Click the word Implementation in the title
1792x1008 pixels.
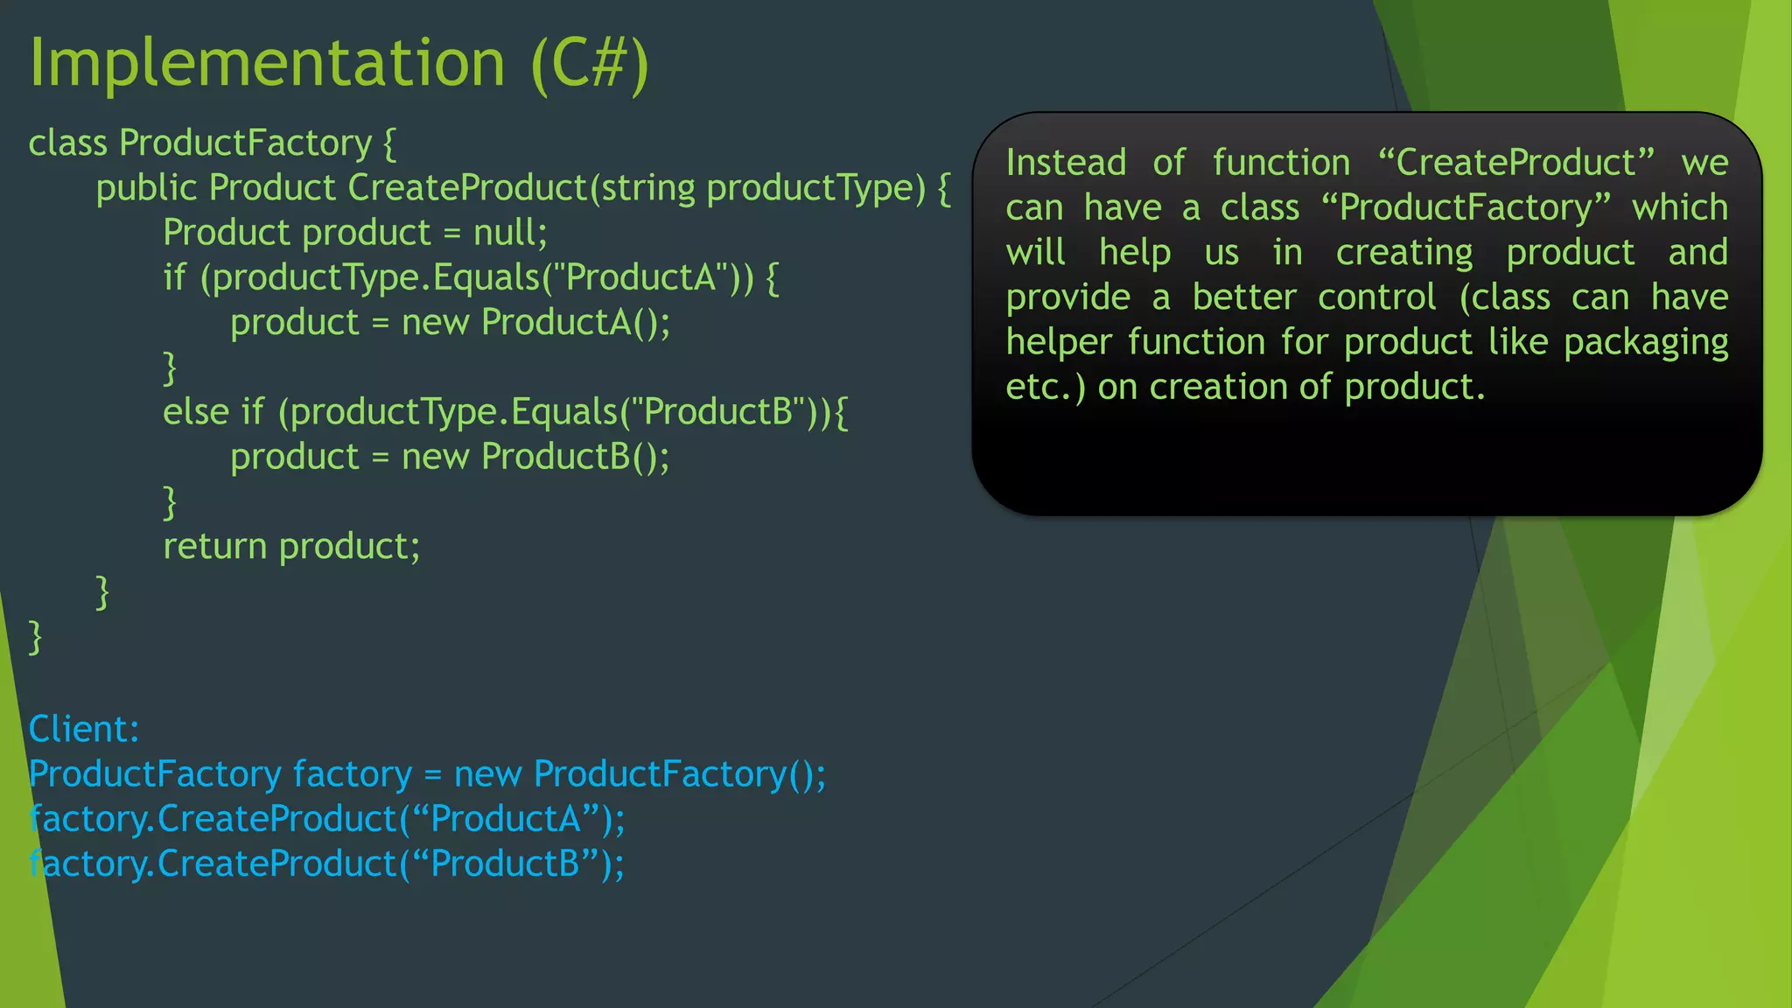[267, 63]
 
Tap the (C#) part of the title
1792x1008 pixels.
[589, 63]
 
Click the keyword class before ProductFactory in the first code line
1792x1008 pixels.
[67, 143]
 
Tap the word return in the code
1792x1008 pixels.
[214, 547]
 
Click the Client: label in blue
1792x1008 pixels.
[84, 729]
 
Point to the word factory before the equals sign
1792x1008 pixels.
[352, 774]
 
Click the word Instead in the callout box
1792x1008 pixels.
[1065, 163]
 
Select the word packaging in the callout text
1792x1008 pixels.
[1645, 342]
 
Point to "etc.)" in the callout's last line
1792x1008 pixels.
[1045, 387]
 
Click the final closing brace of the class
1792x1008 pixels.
[35, 637]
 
